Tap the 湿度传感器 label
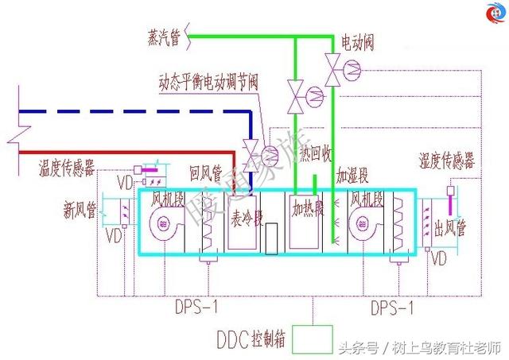click(x=446, y=161)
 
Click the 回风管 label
click(x=206, y=171)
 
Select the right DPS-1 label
click(x=394, y=304)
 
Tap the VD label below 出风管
click(x=438, y=259)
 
